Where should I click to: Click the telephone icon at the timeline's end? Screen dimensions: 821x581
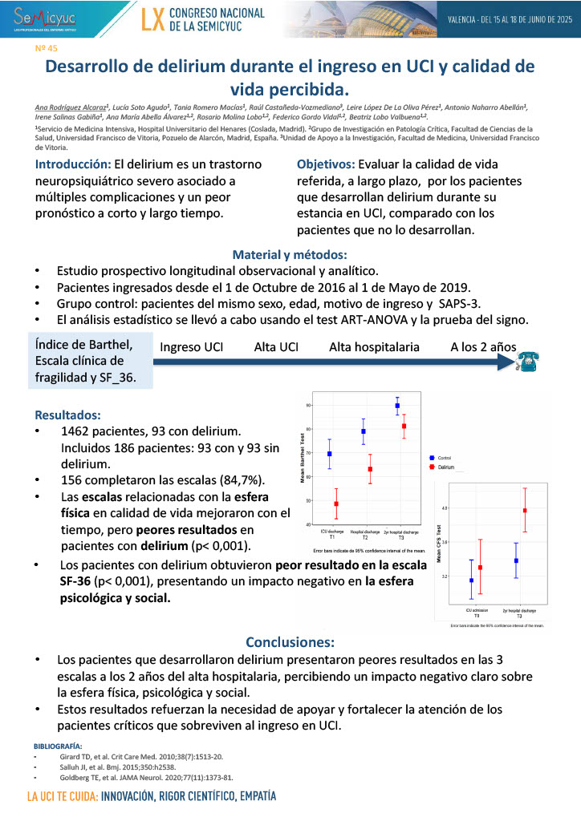pos(528,362)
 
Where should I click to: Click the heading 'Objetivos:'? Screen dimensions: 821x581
pos(331,164)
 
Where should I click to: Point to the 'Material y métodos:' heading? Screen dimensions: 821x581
pos(290,254)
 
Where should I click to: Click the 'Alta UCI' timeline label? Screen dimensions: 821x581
pos(277,347)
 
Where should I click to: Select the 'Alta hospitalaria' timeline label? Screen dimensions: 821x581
pos(374,347)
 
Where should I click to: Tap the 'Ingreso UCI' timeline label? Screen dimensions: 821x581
pos(191,347)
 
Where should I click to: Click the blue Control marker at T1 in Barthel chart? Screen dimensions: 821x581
pos(330,454)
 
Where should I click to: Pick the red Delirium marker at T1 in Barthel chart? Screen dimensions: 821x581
pos(336,504)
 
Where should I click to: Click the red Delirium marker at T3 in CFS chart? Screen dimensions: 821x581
pos(525,510)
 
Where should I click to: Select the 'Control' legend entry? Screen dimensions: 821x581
pos(442,457)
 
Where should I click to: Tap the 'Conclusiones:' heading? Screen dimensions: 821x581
pos(290,642)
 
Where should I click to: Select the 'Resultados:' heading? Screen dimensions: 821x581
pos(67,415)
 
